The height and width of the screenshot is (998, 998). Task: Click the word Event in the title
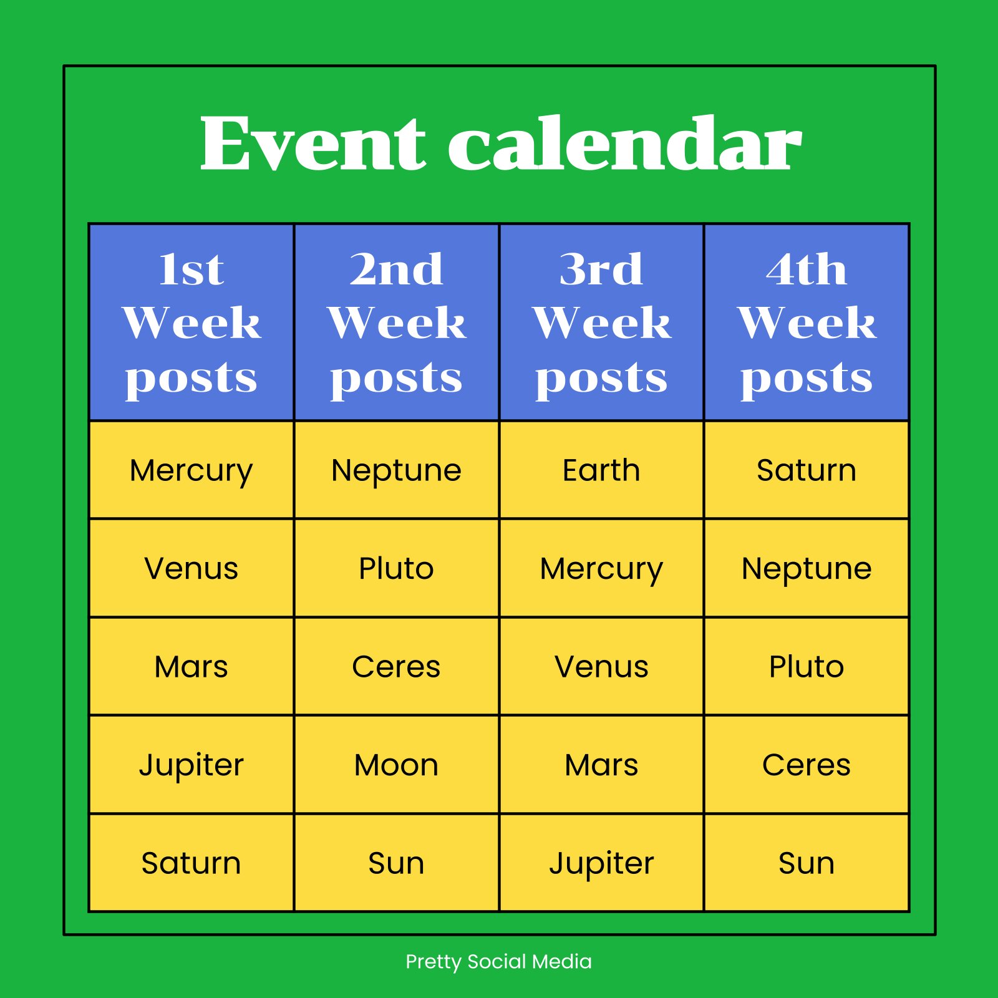click(x=312, y=143)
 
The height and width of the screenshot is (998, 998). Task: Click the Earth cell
click(x=601, y=470)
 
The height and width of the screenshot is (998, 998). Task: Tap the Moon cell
click(x=397, y=765)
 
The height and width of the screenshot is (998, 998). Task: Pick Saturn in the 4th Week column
click(x=807, y=470)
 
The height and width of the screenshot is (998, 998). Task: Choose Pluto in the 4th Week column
click(x=807, y=667)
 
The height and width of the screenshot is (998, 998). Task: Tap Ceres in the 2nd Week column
click(x=397, y=667)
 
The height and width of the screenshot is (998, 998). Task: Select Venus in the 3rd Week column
click(x=601, y=667)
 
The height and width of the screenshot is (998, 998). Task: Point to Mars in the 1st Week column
click(x=191, y=667)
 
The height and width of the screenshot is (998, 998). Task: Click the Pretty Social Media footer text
click(x=499, y=962)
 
